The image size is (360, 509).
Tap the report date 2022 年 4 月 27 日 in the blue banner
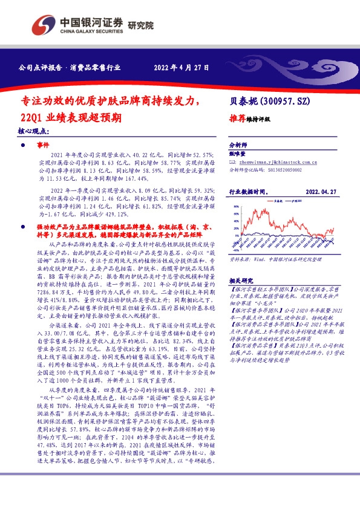(182, 68)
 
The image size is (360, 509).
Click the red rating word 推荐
(238, 119)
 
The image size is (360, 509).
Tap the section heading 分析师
(238, 146)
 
